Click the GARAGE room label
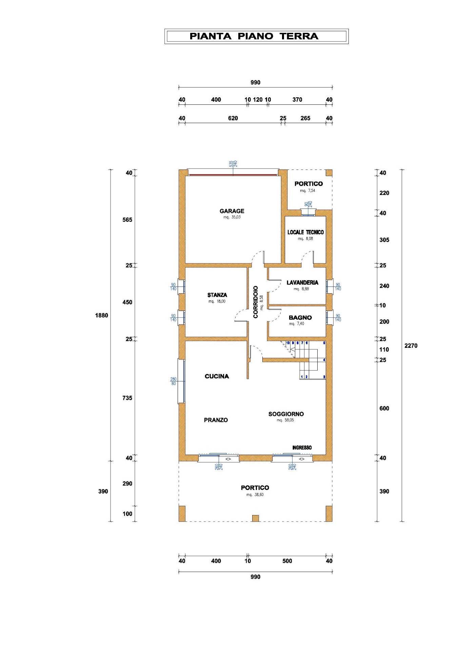click(x=232, y=211)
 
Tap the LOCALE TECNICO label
click(x=305, y=232)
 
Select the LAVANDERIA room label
click(x=302, y=282)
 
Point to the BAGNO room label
click(x=300, y=318)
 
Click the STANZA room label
click(x=217, y=295)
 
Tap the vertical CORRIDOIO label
click(x=256, y=302)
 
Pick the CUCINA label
click(x=217, y=376)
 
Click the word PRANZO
click(x=216, y=420)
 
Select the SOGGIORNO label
click(x=286, y=414)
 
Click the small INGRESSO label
click(x=302, y=448)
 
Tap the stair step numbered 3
click(x=324, y=377)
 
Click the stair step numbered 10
click(x=288, y=343)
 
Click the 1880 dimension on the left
click(x=102, y=315)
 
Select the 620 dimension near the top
click(x=233, y=118)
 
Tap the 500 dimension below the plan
click(x=287, y=561)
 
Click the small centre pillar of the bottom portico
click(x=255, y=518)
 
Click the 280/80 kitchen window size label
click(x=173, y=381)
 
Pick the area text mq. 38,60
click(x=255, y=495)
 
